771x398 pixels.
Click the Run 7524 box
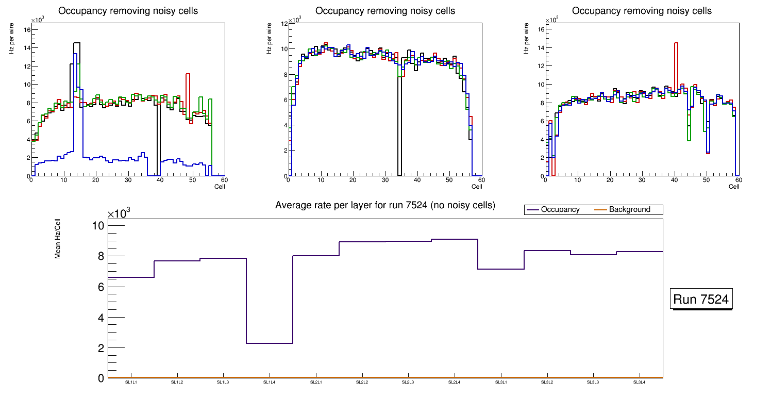point(701,300)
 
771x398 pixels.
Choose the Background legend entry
point(629,210)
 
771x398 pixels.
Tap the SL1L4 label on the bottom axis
point(270,383)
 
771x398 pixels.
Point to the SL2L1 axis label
point(316,383)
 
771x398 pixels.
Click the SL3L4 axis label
point(640,383)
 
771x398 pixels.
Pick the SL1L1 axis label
point(131,383)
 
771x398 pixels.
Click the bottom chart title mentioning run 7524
point(385,205)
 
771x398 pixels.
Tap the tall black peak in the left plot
point(77,52)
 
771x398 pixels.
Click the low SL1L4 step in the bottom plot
point(270,343)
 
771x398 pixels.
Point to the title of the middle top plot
point(385,11)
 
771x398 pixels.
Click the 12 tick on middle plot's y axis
point(283,24)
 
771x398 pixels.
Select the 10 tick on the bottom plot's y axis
point(98,226)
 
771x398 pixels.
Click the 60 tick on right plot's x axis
point(738,180)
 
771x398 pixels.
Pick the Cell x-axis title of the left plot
point(220,186)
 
